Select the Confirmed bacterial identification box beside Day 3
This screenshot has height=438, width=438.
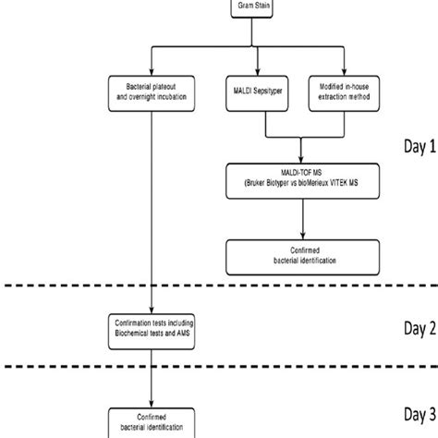[151, 421]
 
